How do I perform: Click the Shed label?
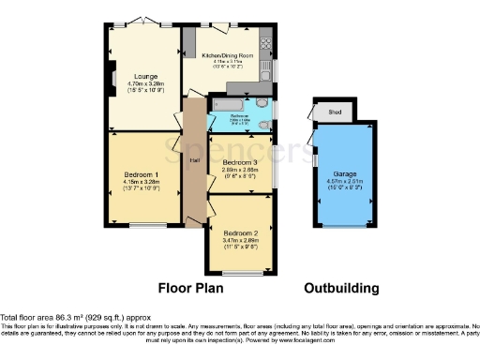[x=335, y=112]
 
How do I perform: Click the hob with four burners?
[x=265, y=40]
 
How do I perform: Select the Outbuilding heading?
[x=340, y=288]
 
